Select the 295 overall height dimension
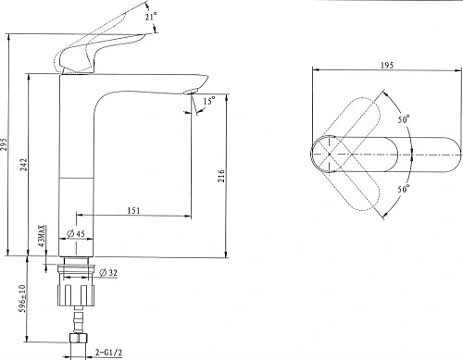(10, 144)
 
